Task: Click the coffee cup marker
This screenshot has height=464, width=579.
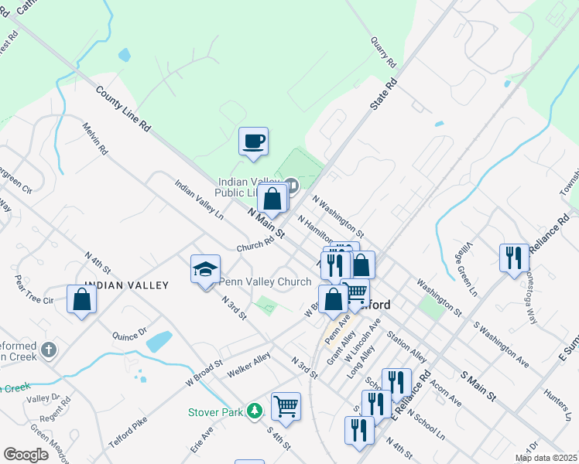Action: point(253,142)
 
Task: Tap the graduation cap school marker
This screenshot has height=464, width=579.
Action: point(205,270)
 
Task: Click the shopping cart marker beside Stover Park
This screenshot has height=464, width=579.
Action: point(286,406)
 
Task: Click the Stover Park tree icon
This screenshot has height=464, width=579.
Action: point(254,411)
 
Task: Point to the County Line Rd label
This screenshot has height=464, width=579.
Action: point(123,112)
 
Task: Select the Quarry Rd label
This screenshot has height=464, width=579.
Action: point(384,53)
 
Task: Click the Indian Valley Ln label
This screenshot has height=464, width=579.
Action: point(199,200)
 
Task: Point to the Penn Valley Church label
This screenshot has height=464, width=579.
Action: point(266,282)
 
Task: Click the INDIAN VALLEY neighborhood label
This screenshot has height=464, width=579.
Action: point(126,286)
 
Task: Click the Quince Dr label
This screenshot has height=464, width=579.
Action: point(129,335)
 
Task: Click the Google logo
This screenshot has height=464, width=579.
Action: point(26,455)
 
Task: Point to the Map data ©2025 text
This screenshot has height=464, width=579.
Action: point(546,458)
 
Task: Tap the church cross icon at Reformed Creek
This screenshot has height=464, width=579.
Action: point(49,350)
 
